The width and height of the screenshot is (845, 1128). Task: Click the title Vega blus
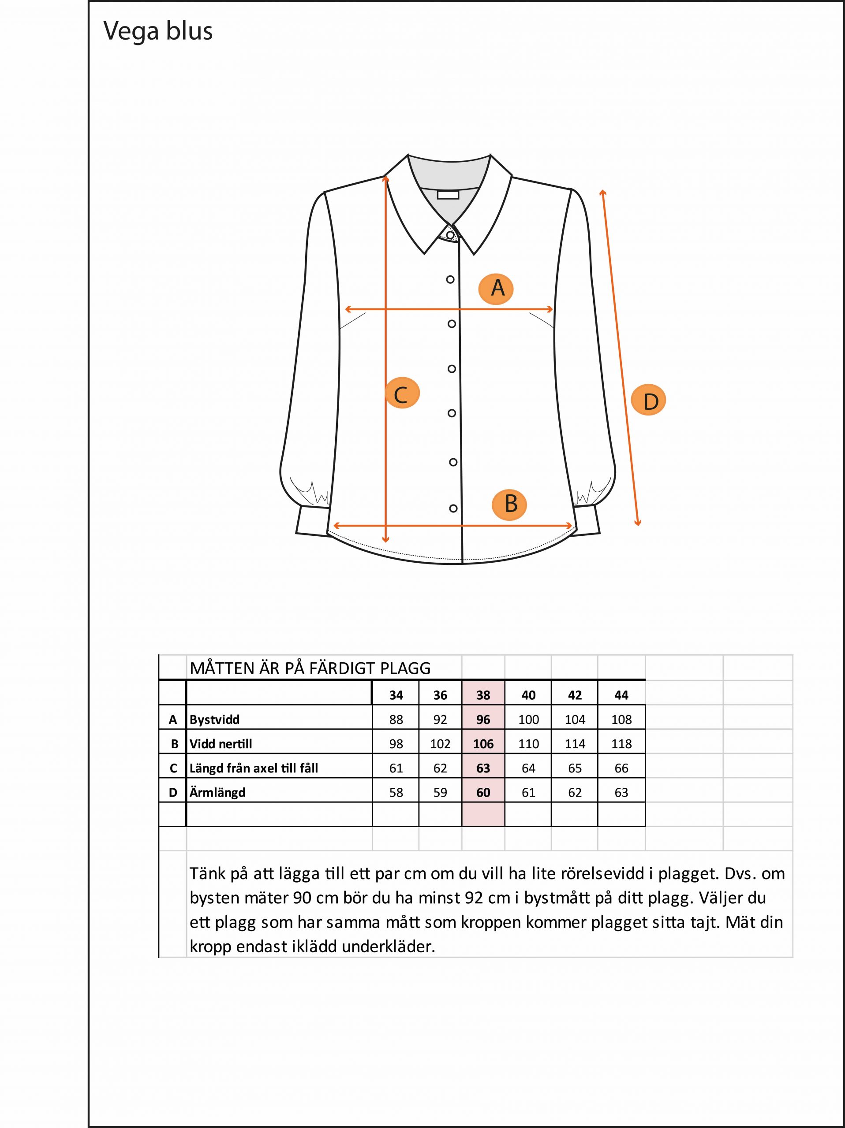(158, 31)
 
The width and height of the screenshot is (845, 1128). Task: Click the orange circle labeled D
(649, 401)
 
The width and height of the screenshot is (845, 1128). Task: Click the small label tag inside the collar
(448, 194)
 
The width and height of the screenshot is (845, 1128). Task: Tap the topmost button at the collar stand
(449, 234)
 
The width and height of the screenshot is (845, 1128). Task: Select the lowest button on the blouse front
(453, 508)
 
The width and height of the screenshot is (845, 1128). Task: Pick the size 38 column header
(483, 695)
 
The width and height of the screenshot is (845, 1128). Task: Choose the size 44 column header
(621, 695)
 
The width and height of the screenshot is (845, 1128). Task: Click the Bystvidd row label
(214, 720)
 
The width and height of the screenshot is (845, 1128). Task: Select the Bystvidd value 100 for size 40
(528, 720)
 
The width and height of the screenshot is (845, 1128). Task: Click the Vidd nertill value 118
(621, 744)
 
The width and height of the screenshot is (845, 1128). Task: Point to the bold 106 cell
(483, 744)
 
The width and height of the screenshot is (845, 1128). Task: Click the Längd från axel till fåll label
(254, 768)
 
